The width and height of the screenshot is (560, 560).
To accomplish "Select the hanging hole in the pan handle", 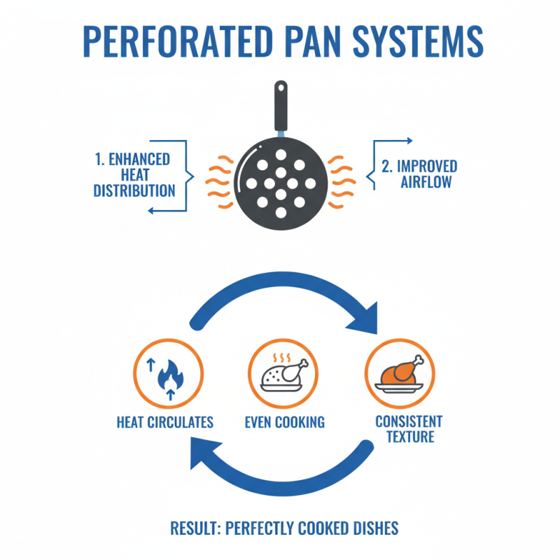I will (x=280, y=89).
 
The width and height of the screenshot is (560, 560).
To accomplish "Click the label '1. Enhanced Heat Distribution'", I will (x=134, y=175).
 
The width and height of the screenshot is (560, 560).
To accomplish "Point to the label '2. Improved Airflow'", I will (x=419, y=175).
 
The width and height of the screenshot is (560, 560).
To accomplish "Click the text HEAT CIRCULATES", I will (x=165, y=422).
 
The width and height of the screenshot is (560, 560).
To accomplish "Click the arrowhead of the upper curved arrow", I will (x=365, y=318).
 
